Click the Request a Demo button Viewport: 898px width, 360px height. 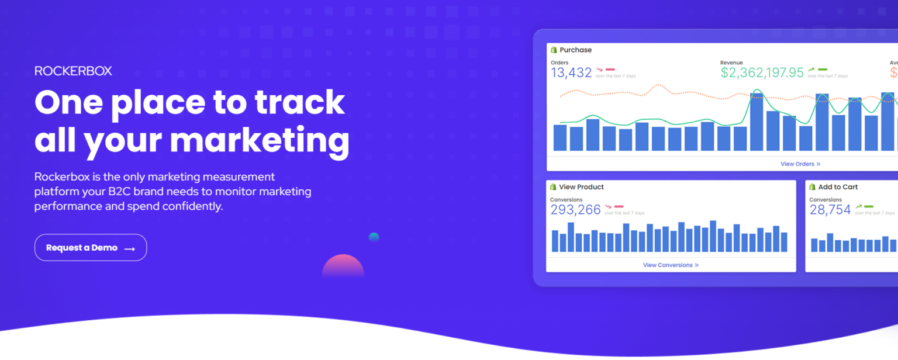91,248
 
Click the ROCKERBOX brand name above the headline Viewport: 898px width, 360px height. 73,71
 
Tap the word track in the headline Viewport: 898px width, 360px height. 300,102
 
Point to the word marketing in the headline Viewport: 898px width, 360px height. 260,140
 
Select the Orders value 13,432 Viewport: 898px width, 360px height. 571,72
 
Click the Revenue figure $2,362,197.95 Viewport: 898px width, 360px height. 762,72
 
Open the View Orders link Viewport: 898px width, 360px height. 800,164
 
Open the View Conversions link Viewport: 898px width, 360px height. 671,265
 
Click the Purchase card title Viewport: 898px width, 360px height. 575,50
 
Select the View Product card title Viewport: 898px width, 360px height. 581,187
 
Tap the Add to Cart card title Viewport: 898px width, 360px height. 838,187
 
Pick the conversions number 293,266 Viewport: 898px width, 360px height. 575,210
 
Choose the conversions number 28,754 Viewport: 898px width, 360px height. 830,210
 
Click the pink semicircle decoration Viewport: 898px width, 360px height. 343,266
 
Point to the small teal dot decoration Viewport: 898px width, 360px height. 374,237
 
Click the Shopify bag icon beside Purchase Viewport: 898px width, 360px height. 554,50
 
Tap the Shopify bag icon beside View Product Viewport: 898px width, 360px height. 553,187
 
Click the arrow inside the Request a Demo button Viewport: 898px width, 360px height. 130,249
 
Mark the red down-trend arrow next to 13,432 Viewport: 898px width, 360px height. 599,70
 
